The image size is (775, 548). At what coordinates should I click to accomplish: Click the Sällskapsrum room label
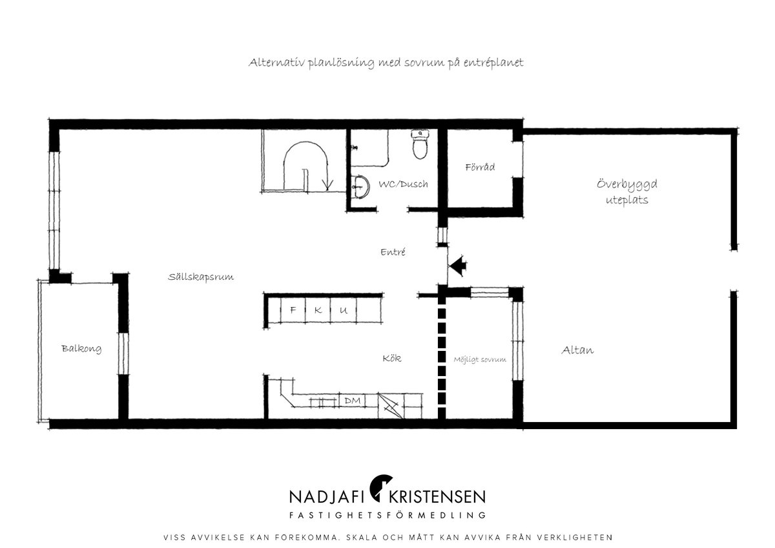(201, 277)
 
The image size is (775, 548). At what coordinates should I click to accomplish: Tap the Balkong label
(81, 348)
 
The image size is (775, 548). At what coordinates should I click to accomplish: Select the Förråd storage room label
(480, 167)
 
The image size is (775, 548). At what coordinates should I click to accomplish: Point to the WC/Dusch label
(403, 184)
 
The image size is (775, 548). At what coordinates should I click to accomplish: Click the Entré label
(393, 251)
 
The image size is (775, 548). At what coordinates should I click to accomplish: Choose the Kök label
(392, 358)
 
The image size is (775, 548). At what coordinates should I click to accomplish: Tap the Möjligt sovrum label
(479, 360)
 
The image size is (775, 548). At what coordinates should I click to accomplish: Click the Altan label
(577, 350)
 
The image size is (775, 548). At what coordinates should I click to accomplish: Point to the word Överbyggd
(627, 184)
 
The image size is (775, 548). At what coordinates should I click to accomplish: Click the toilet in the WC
(420, 144)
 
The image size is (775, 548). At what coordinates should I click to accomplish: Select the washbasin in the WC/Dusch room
(360, 187)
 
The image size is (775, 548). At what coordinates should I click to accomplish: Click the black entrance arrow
(457, 266)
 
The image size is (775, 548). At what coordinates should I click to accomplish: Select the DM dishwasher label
(353, 401)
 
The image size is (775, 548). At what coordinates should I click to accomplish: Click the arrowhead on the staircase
(327, 185)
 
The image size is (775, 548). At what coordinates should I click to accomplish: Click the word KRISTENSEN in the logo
(437, 497)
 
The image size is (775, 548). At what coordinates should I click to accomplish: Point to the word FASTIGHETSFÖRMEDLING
(387, 515)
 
